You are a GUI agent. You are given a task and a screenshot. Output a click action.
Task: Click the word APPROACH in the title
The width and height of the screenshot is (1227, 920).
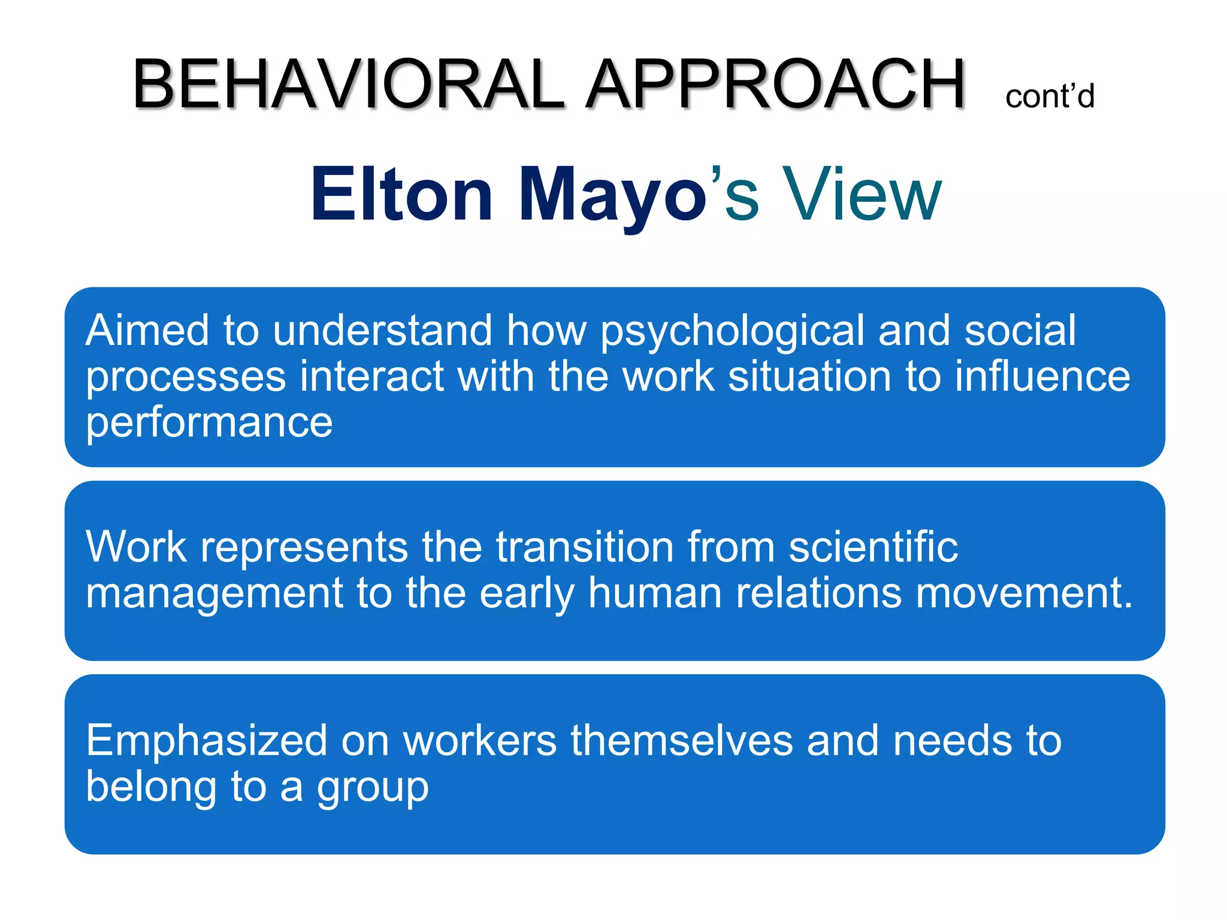[x=775, y=84]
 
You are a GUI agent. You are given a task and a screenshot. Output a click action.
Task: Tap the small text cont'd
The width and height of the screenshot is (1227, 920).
[x=1050, y=97]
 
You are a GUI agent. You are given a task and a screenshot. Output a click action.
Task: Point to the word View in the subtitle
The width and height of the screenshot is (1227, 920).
[x=862, y=194]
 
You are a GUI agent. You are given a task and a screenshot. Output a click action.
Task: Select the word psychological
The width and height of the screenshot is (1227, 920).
[x=732, y=331]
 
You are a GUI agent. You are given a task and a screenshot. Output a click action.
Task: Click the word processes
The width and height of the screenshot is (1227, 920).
[x=186, y=377]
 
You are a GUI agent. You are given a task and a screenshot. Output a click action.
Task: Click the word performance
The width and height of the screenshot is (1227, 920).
[x=208, y=423]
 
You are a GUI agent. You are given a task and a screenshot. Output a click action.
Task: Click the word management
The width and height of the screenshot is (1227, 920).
[x=214, y=594]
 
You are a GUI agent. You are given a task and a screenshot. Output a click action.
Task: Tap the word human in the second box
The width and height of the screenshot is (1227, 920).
[x=655, y=592]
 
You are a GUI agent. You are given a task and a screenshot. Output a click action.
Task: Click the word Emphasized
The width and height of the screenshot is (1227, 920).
[x=206, y=741]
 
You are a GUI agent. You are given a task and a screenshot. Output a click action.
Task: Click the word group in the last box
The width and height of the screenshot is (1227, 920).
[x=373, y=788]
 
